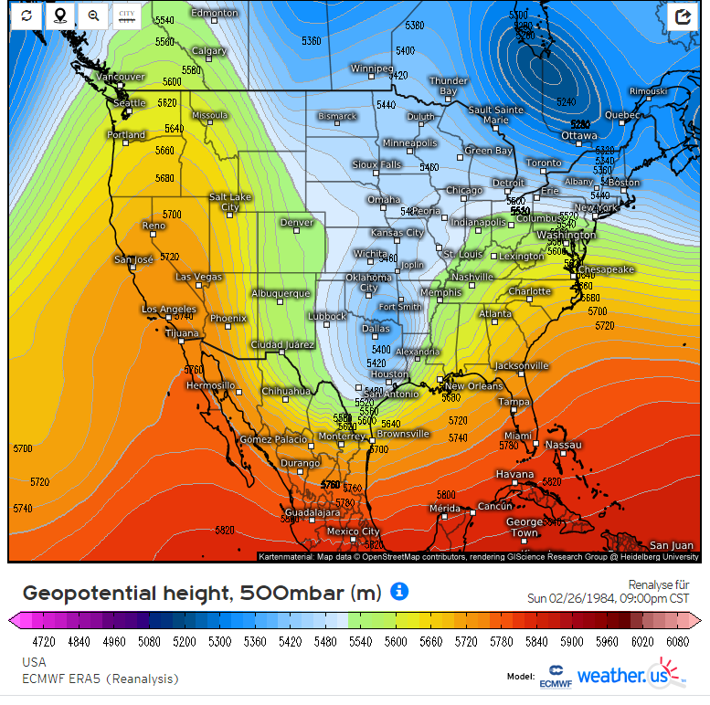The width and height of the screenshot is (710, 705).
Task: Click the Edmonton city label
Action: coord(215,13)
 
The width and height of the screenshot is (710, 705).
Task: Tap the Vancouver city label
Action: coord(121,77)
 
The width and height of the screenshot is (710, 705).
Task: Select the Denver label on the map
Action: coord(296,222)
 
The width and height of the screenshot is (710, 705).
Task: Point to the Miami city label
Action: coord(517,436)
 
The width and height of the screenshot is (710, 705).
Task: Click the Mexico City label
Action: coord(353,531)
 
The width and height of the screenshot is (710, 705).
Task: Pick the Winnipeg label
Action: coord(372,68)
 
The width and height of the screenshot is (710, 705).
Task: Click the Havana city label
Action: coord(514,474)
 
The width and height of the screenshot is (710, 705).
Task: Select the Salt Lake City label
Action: coord(229,202)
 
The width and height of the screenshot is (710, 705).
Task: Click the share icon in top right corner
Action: coord(683,16)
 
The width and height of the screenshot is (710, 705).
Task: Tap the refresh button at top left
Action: coord(27,16)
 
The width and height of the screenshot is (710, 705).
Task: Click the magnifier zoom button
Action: coord(93,16)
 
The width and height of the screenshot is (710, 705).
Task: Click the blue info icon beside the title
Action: coord(399,592)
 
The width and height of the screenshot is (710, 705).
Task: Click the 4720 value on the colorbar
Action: coord(44,642)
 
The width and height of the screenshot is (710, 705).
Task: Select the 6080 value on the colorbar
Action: coord(677,642)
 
